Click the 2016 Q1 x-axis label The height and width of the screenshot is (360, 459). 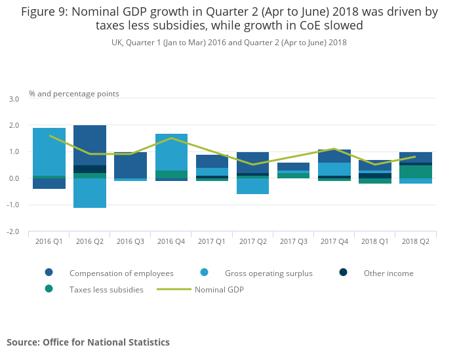point(49,241)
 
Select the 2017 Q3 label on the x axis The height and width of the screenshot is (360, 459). point(294,241)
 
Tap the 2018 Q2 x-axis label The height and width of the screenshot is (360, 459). point(416,241)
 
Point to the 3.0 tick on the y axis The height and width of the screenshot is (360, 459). point(14,99)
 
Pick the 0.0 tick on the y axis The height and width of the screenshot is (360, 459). point(14,178)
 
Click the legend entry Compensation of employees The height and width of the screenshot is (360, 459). point(121,273)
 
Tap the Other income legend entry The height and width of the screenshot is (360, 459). point(388,273)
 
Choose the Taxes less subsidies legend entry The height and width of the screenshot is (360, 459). point(106,289)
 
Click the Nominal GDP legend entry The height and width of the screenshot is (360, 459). point(219,289)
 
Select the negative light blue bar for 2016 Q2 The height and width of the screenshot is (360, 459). point(90,193)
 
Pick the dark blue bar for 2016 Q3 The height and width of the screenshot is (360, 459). point(130,165)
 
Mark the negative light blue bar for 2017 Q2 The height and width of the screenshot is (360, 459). point(253,186)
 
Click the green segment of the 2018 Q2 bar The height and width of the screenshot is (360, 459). point(416,172)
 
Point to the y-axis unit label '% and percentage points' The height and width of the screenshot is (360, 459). point(74,94)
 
